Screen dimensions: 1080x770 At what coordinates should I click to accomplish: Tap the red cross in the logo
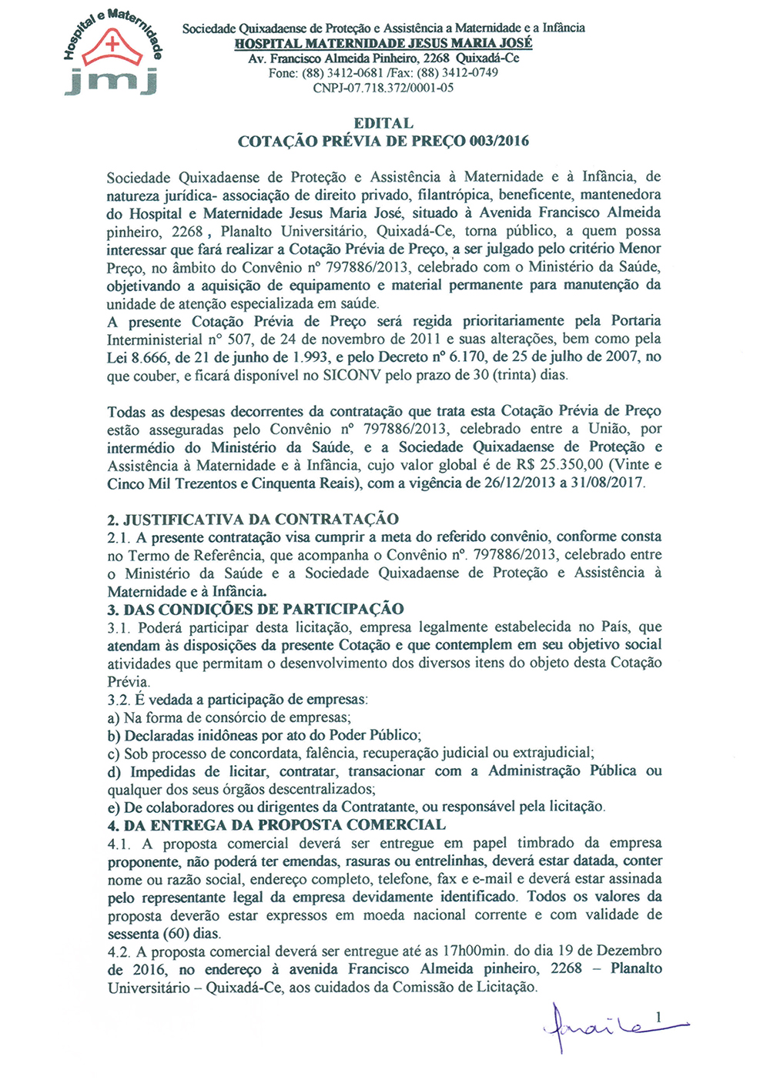coord(112,44)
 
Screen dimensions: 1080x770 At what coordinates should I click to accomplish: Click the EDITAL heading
coord(383,123)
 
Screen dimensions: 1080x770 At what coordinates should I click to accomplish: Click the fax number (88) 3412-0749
coord(457,73)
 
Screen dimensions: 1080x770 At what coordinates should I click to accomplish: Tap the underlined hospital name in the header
coord(383,43)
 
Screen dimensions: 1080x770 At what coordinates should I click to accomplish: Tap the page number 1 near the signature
coord(658,1018)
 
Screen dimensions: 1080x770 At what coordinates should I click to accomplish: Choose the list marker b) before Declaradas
coord(114,736)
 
